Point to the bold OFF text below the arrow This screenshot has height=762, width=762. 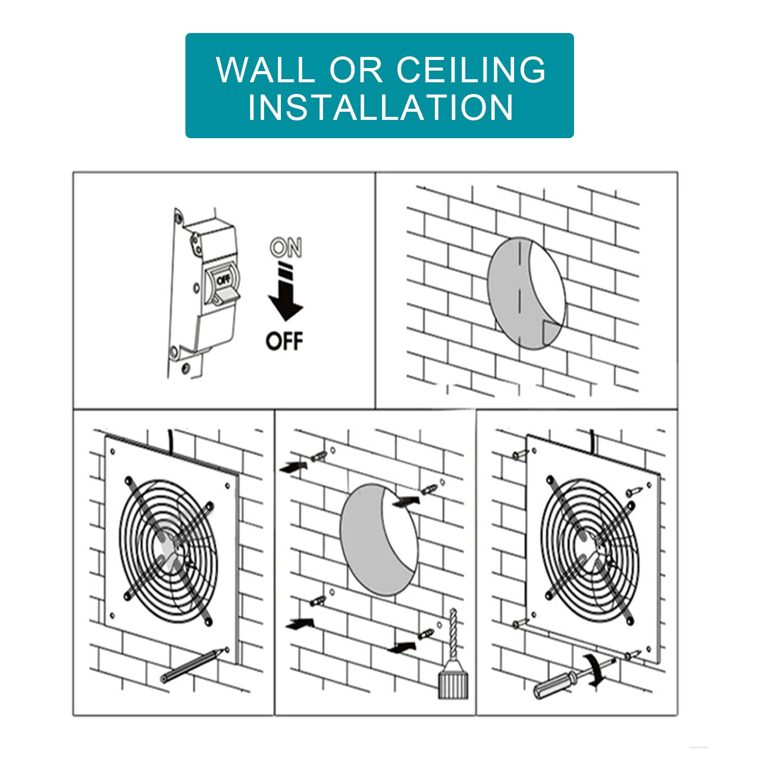[x=284, y=340]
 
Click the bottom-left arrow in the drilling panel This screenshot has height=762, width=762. [x=300, y=623]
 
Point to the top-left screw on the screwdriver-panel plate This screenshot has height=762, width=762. [x=518, y=455]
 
